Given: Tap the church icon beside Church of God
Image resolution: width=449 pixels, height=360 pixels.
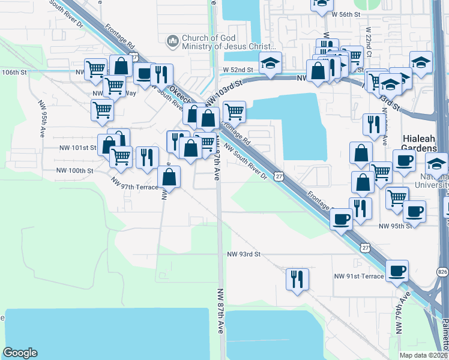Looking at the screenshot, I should tap(173, 41).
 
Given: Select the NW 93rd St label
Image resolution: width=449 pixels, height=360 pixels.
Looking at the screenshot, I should tap(244, 254).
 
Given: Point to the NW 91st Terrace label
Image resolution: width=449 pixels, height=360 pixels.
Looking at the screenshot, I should tap(359, 276).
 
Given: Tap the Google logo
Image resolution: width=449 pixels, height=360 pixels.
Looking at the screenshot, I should tap(20, 353).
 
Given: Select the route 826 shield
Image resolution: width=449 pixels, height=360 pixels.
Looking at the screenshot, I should tap(442, 272).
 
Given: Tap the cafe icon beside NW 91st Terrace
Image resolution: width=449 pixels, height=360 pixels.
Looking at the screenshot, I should tap(397, 271).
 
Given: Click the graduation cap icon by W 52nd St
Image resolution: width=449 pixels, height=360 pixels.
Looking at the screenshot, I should tap(271, 62).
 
